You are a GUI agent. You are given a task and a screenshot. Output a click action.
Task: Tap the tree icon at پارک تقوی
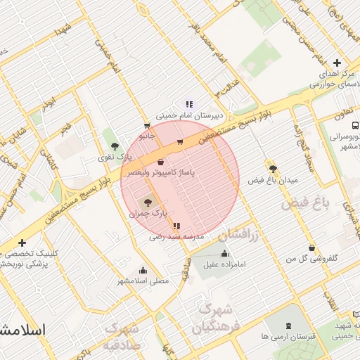pyautogui.click(x=115, y=146)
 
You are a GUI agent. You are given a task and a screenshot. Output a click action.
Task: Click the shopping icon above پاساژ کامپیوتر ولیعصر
pyautogui.click(x=161, y=162)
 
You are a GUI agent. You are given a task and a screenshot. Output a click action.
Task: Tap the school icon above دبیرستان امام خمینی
pyautogui.click(x=189, y=104)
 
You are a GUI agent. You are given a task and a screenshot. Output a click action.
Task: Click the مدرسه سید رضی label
pyautogui.click(x=176, y=237)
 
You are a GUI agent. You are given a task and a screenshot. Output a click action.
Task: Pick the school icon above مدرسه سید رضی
pyautogui.click(x=176, y=226)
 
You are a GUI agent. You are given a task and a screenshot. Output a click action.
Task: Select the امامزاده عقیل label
pyautogui.click(x=224, y=264)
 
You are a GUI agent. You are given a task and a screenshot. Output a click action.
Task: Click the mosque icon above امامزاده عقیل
pyautogui.click(x=224, y=254)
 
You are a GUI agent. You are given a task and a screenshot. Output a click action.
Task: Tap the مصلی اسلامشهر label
pyautogui.click(x=143, y=280)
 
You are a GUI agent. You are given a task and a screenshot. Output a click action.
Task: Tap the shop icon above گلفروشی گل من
pyautogui.click(x=311, y=247)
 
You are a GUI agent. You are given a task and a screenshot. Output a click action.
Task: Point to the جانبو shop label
pyautogui.click(x=146, y=134)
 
